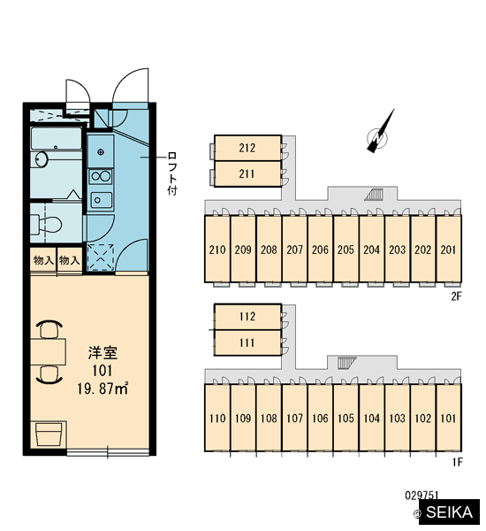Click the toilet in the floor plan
click(47, 223)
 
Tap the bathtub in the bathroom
click(57, 138)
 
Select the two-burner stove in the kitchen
click(101, 176)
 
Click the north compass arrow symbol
click(381, 132)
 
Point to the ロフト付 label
click(172, 173)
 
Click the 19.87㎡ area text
click(103, 389)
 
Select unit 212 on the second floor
click(248, 148)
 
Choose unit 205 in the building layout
click(346, 249)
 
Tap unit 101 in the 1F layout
click(449, 418)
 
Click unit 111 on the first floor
click(248, 342)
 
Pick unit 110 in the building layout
click(217, 418)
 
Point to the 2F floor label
click(456, 296)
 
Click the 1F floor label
click(457, 462)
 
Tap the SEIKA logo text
click(449, 512)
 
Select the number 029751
click(421, 496)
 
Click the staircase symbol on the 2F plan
click(375, 195)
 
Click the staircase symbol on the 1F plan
click(347, 362)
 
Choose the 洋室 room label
click(103, 353)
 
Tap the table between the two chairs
click(48, 352)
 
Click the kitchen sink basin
click(101, 200)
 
